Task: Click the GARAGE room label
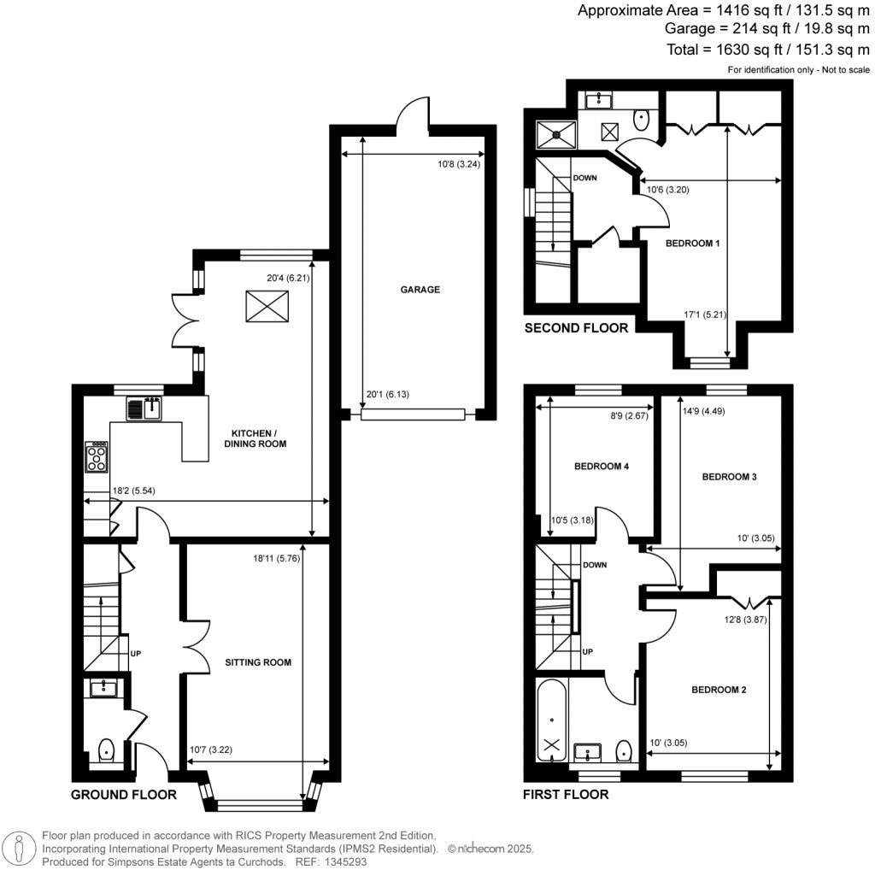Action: [x=420, y=290]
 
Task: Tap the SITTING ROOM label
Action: [x=258, y=662]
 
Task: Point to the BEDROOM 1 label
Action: [x=693, y=244]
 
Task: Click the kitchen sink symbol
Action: [x=144, y=409]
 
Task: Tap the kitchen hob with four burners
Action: [x=97, y=457]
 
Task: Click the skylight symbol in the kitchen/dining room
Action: [x=262, y=306]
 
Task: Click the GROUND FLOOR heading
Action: [x=123, y=795]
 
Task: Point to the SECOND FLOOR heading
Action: [x=576, y=328]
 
